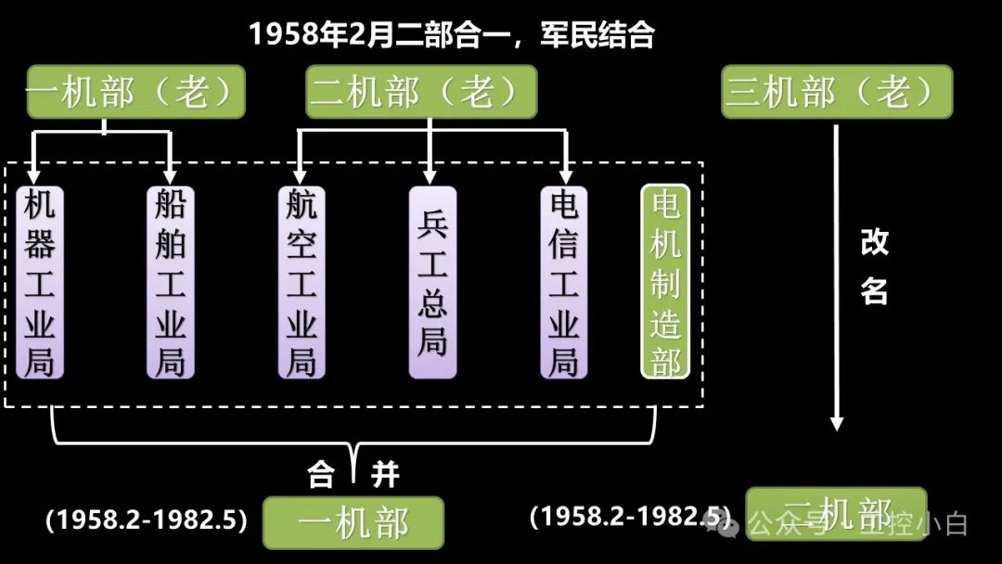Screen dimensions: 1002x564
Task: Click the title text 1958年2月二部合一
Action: [x=451, y=35]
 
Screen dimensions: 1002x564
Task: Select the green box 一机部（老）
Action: [x=135, y=92]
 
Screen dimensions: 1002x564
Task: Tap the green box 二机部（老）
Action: [x=421, y=92]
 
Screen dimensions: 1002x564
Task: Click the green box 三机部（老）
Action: [x=837, y=92]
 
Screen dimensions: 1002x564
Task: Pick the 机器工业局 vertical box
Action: [x=39, y=282]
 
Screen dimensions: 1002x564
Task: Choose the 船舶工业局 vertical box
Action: [x=171, y=282]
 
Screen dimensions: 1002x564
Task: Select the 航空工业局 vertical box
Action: [x=302, y=282]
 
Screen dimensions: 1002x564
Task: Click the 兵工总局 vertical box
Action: [x=432, y=282]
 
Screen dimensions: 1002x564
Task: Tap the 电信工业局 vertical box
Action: [x=564, y=282]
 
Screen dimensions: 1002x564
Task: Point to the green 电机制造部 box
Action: [x=665, y=282]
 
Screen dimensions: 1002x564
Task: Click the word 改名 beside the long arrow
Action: [x=874, y=267]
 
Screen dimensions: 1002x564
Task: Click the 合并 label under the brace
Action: [x=353, y=477]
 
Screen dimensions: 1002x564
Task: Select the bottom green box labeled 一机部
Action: [x=353, y=523]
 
